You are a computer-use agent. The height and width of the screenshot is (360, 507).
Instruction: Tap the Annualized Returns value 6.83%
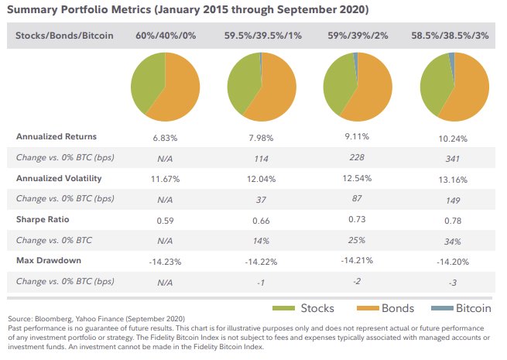pyautogui.click(x=164, y=137)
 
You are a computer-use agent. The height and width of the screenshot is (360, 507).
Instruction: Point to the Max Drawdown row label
pyautogui.click(x=49, y=261)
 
